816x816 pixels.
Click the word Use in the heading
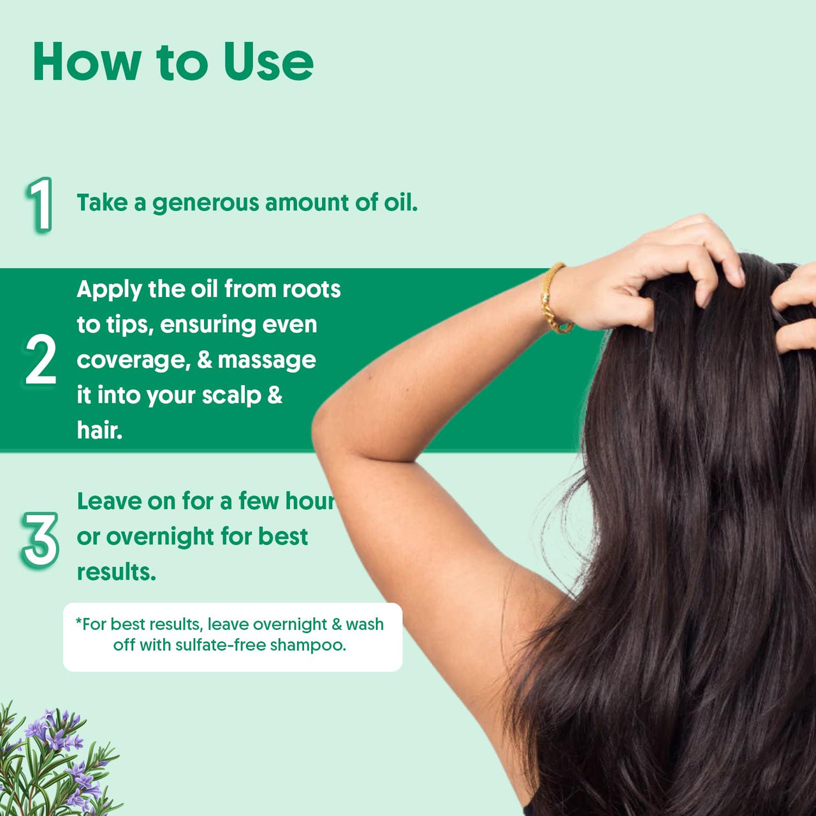[x=268, y=62]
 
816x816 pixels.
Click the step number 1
[x=40, y=205]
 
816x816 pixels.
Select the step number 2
[x=41, y=361]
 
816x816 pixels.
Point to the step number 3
[x=40, y=540]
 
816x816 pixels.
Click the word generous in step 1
[x=205, y=203]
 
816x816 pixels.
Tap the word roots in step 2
[x=311, y=289]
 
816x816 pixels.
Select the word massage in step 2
[x=266, y=360]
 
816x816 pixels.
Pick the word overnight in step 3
[x=151, y=537]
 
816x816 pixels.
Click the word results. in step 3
[x=116, y=572]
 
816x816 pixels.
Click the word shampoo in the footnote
[x=307, y=645]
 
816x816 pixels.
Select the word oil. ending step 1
[x=400, y=203]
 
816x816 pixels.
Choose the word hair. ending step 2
[x=99, y=430]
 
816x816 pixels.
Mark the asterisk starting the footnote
[x=79, y=622]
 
